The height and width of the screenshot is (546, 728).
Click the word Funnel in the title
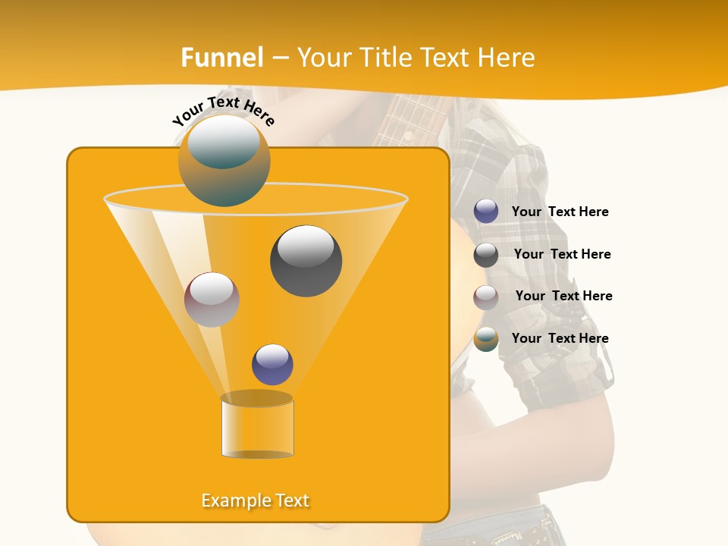[x=221, y=58]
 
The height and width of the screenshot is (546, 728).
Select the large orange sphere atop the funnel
[x=224, y=161]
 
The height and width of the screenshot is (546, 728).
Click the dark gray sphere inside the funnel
[x=306, y=261]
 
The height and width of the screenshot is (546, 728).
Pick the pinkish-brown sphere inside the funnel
[x=212, y=300]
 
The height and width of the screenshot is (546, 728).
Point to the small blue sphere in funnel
[x=272, y=365]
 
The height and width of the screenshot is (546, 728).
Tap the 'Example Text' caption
[x=256, y=500]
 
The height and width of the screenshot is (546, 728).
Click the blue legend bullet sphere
[x=486, y=212]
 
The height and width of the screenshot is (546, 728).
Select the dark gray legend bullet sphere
[x=486, y=255]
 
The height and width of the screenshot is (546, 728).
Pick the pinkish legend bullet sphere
[x=486, y=297]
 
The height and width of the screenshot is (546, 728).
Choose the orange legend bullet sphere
[x=486, y=339]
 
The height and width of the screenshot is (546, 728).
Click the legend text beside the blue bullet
[x=560, y=212]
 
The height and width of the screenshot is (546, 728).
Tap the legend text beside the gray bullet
[x=562, y=254]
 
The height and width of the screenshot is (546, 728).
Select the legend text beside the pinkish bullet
[x=563, y=296]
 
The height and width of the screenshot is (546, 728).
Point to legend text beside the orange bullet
[x=560, y=338]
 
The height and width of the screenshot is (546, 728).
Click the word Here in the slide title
[x=507, y=58]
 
